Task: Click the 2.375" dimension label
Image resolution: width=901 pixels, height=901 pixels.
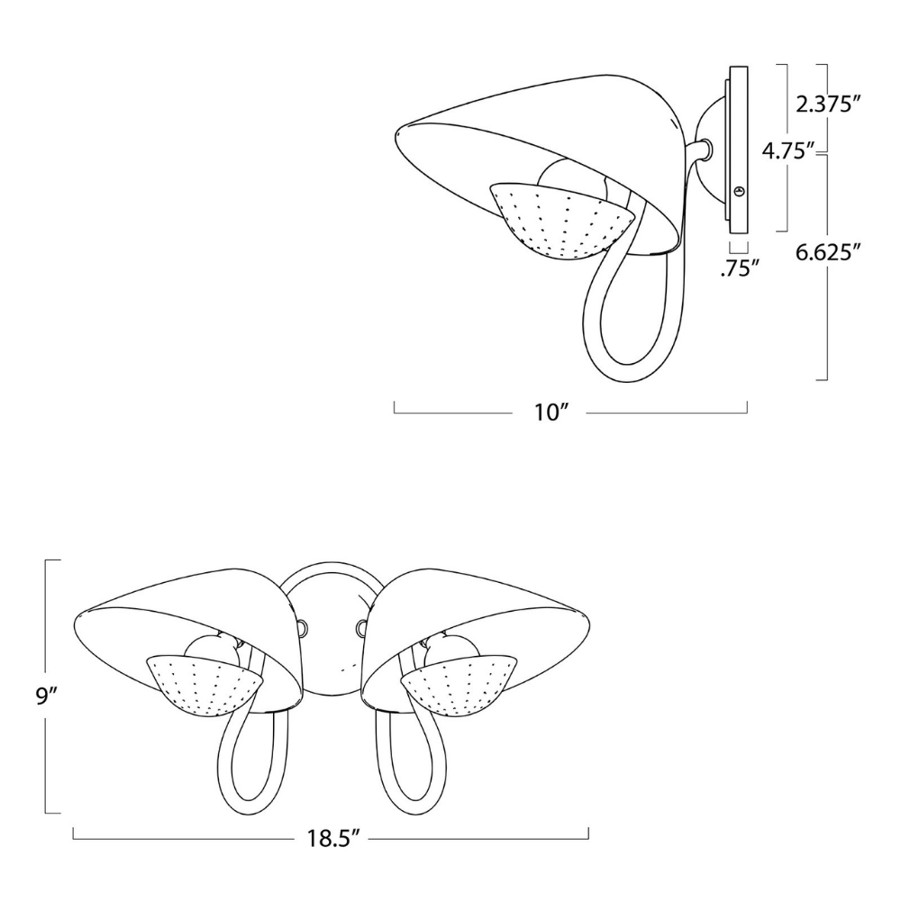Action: point(824,105)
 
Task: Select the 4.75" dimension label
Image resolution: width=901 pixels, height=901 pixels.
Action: point(788,150)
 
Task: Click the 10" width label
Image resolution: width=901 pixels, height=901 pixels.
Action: point(553,413)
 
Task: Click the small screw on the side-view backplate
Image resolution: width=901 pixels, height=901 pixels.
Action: point(739,190)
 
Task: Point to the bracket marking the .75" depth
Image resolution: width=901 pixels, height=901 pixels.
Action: point(738,246)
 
